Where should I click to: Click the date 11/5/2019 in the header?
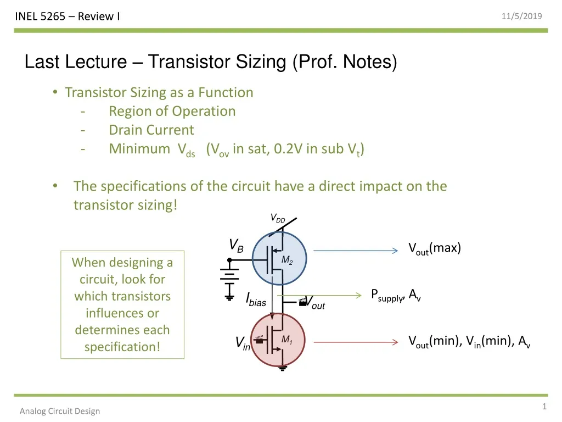pyautogui.click(x=522, y=16)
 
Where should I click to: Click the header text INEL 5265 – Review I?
pyautogui.click(x=68, y=16)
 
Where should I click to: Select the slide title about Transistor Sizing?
pyautogui.click(x=211, y=62)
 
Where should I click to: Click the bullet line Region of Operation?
pyautogui.click(x=172, y=111)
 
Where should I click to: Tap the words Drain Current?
pyautogui.click(x=151, y=130)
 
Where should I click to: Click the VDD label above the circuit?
pyautogui.click(x=278, y=219)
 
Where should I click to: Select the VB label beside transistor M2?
pyautogui.click(x=236, y=245)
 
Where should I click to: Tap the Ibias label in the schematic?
pyautogui.click(x=256, y=300)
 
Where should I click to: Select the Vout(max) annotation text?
pyautogui.click(x=435, y=248)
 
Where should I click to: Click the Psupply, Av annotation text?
pyautogui.click(x=396, y=296)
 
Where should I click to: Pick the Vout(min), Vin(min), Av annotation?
pyautogui.click(x=469, y=342)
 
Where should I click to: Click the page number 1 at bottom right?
pyautogui.click(x=544, y=407)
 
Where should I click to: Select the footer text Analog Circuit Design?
pyautogui.click(x=60, y=411)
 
